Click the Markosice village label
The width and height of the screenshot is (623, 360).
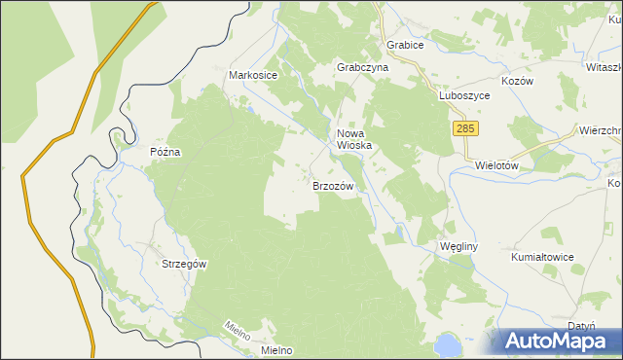click(x=253, y=75)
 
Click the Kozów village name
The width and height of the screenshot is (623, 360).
click(x=517, y=82)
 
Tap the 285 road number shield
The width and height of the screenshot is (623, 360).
click(x=466, y=127)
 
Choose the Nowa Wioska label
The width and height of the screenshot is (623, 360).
click(x=354, y=140)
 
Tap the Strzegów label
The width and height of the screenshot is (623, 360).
click(x=185, y=264)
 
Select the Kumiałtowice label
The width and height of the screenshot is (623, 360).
click(x=543, y=257)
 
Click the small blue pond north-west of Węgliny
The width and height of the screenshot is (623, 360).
click(x=399, y=232)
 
